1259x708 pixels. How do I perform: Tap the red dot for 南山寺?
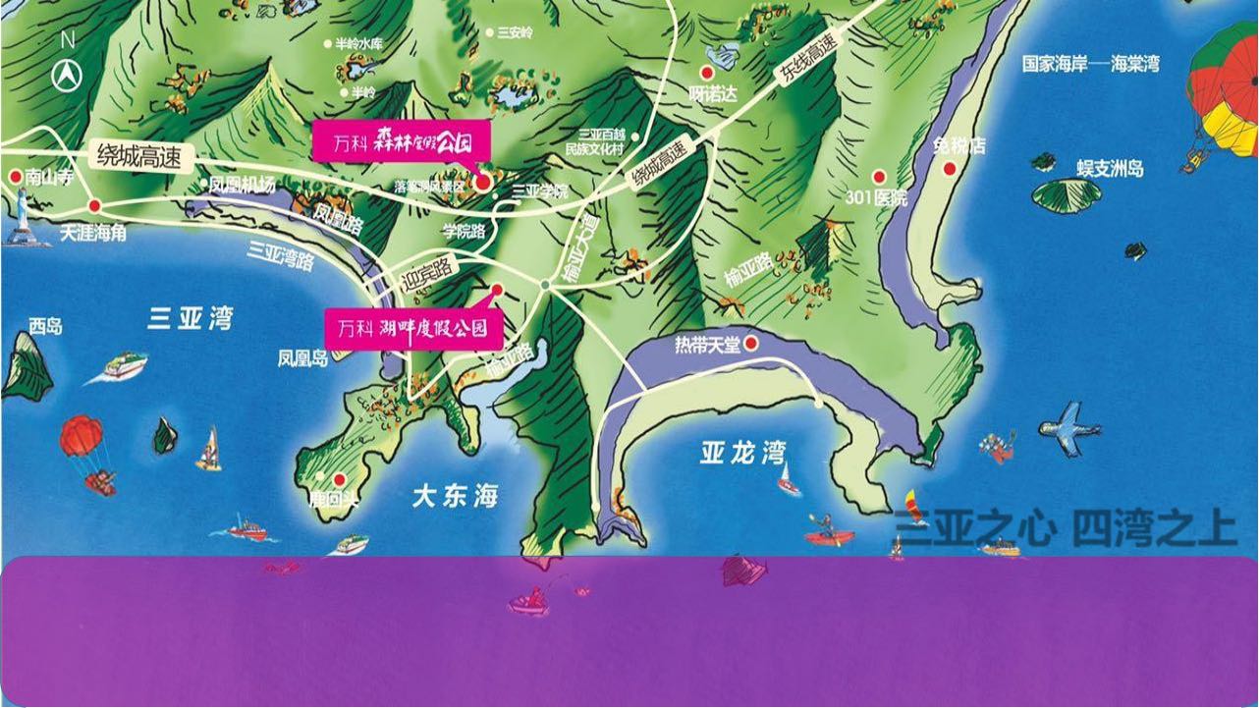[16, 177]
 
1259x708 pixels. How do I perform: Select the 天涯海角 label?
[93, 233]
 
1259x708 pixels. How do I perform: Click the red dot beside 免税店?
[950, 169]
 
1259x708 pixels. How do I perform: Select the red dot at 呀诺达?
[705, 73]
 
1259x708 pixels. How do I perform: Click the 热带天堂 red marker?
[751, 344]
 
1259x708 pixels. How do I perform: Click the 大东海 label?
[455, 496]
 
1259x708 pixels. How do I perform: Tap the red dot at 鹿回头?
[340, 479]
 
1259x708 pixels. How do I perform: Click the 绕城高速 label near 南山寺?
[138, 155]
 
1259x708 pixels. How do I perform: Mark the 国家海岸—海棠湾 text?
[1090, 64]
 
